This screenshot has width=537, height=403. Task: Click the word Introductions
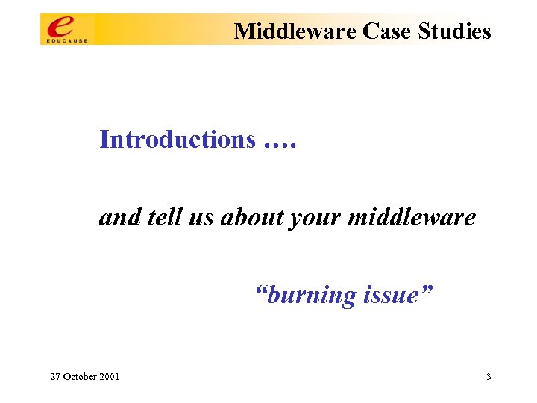[178, 140]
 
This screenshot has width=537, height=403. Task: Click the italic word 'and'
[116, 217]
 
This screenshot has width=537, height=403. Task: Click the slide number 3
[489, 377]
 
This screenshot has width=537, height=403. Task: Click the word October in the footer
[80, 377]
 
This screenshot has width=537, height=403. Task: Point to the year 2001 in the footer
[109, 377]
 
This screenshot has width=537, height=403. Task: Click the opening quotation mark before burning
[260, 290]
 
